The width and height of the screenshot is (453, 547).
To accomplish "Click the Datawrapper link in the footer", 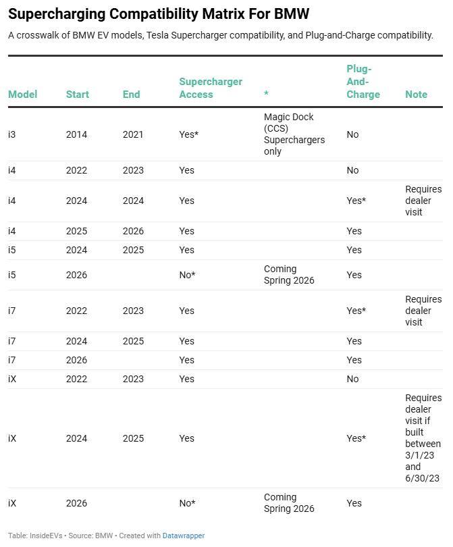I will pyautogui.click(x=183, y=536).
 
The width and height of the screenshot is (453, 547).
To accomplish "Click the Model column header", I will pyautogui.click(x=22, y=95).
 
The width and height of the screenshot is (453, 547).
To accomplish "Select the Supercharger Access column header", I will pyautogui.click(x=210, y=88).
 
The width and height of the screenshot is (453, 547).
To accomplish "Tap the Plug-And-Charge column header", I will pyautogui.click(x=363, y=82).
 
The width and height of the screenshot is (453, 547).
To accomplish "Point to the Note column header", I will pyautogui.click(x=416, y=95).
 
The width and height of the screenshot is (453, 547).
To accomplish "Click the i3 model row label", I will pyautogui.click(x=12, y=134).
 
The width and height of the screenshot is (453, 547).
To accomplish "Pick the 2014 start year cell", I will pyautogui.click(x=76, y=134).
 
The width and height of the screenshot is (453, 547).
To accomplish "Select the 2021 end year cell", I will pyautogui.click(x=133, y=134).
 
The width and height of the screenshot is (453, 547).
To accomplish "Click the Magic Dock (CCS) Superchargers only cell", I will pyautogui.click(x=294, y=134).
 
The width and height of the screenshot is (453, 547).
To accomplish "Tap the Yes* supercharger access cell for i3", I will pyautogui.click(x=188, y=134).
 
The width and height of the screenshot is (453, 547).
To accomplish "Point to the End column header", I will pyautogui.click(x=131, y=95).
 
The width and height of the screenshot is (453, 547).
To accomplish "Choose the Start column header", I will pyautogui.click(x=77, y=95).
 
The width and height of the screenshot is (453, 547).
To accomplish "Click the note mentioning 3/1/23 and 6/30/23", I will pyautogui.click(x=423, y=438).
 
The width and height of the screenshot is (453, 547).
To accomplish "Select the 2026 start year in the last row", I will pyautogui.click(x=76, y=503).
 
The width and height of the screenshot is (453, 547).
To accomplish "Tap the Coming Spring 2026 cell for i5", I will pyautogui.click(x=289, y=275).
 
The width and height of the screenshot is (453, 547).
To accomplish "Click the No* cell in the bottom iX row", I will pyautogui.click(x=187, y=503).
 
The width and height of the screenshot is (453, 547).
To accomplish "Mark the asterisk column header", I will pyautogui.click(x=266, y=95).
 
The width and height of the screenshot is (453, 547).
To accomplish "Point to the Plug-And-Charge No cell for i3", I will pyautogui.click(x=352, y=134).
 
